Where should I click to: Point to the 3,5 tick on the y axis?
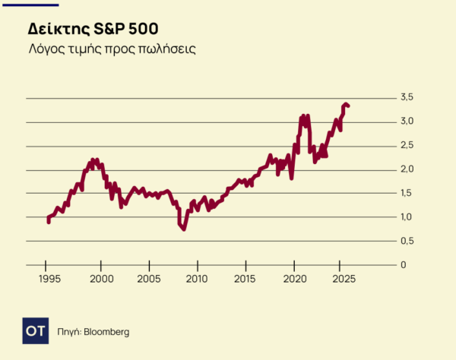click(407, 97)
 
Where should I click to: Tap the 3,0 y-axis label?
click(407, 122)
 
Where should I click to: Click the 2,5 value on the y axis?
click(407, 145)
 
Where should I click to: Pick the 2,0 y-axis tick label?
click(407, 169)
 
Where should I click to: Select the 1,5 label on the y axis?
click(407, 193)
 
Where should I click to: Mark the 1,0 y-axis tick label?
click(407, 217)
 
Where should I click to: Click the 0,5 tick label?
click(407, 241)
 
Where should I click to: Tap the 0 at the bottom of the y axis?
click(404, 265)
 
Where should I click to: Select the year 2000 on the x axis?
click(102, 279)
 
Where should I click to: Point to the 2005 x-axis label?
click(150, 279)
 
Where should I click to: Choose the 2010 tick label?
click(198, 279)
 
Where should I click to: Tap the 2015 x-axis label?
click(245, 279)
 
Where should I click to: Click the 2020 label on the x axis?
click(294, 279)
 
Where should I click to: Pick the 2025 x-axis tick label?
click(341, 279)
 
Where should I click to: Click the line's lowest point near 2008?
click(183, 229)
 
